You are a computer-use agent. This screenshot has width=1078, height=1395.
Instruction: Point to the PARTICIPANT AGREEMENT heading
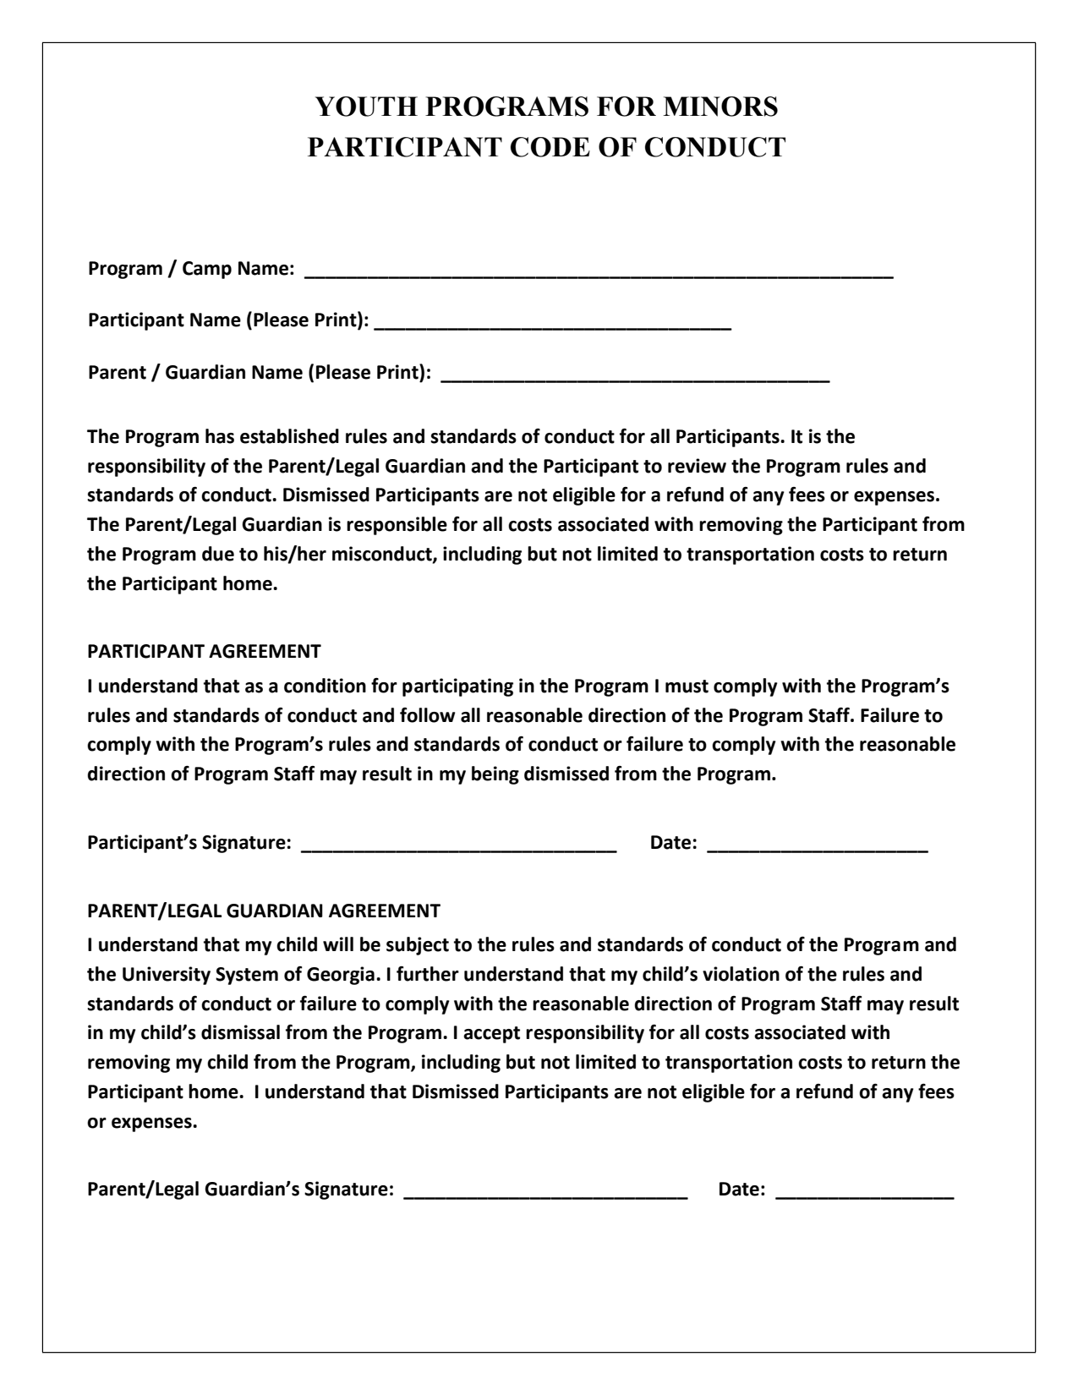coord(204,652)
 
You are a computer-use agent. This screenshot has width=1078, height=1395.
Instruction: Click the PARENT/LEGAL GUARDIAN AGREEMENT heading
coord(264,911)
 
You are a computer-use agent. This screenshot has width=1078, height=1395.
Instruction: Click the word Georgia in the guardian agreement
coord(342,974)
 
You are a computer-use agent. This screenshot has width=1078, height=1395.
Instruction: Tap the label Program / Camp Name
coord(192,270)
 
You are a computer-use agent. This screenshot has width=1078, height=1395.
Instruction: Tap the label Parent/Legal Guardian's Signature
coord(241,1190)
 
